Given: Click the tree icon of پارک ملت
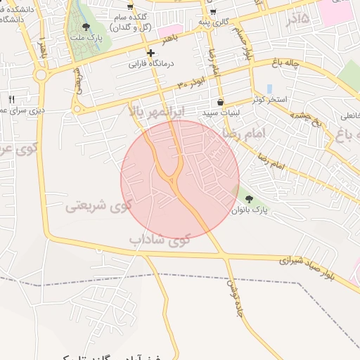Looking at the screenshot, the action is pos(86,27).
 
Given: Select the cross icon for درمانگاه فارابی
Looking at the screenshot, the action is pos(150,53).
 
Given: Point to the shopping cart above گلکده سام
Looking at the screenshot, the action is pos(129,6).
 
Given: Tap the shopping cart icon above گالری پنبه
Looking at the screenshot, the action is pos(212,12).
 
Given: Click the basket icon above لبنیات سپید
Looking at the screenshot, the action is pos(220,103).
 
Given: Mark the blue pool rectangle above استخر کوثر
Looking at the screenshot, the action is pos(269,89).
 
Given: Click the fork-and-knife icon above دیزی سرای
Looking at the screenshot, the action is pos(11,99).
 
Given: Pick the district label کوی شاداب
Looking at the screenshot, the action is pos(160,239).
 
